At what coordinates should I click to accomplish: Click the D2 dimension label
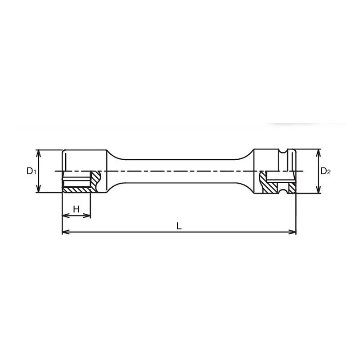[325, 171]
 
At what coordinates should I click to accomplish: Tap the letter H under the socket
[76, 209]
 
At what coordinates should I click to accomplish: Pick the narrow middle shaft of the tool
[180, 171]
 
